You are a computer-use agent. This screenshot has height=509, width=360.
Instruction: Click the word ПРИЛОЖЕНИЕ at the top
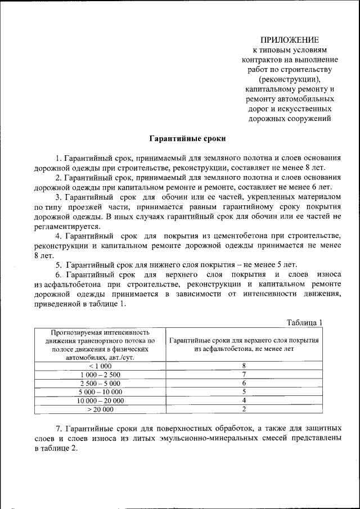tap(289, 40)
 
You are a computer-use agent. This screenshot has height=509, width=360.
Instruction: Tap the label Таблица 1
tap(304, 322)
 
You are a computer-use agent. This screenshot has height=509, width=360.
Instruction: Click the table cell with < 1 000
tap(101, 366)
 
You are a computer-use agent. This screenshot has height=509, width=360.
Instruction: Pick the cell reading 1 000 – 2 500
tap(101, 374)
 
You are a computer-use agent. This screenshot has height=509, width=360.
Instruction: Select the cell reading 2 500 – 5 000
tap(101, 382)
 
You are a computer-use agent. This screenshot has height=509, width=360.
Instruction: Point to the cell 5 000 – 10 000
tap(101, 391)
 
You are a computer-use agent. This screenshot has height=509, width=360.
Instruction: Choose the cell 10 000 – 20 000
tap(101, 400)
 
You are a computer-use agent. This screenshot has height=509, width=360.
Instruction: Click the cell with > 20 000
tap(101, 409)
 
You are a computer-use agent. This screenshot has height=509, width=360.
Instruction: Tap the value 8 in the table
tap(244, 366)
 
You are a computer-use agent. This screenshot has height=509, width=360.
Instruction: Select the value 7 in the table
tap(244, 374)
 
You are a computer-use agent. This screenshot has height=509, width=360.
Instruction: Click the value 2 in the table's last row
tap(244, 409)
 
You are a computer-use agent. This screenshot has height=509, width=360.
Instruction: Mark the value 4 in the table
tap(244, 400)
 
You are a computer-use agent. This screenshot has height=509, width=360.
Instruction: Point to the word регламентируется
tap(64, 226)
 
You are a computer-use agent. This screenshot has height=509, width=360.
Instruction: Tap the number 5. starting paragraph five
tap(58, 264)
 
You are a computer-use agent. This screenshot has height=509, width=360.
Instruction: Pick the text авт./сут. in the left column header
tap(122, 357)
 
